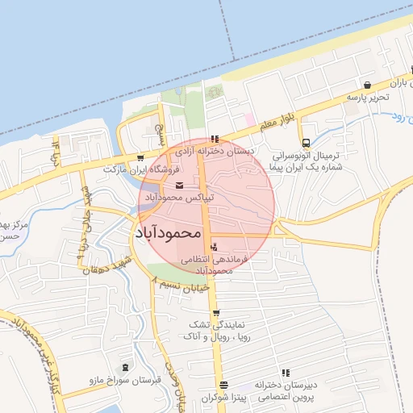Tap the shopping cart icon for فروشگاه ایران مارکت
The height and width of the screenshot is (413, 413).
click(x=141, y=158)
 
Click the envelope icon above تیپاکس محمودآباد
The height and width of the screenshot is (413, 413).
click(x=179, y=187)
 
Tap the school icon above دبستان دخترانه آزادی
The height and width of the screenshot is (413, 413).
click(x=214, y=139)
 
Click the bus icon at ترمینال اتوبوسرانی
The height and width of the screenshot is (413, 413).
click(x=305, y=144)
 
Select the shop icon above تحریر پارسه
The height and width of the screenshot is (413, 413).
click(x=368, y=85)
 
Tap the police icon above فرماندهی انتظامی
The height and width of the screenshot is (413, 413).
click(x=214, y=247)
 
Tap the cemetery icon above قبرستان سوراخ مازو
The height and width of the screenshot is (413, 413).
click(x=125, y=367)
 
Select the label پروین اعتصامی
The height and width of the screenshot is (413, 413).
click(x=286, y=398)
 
